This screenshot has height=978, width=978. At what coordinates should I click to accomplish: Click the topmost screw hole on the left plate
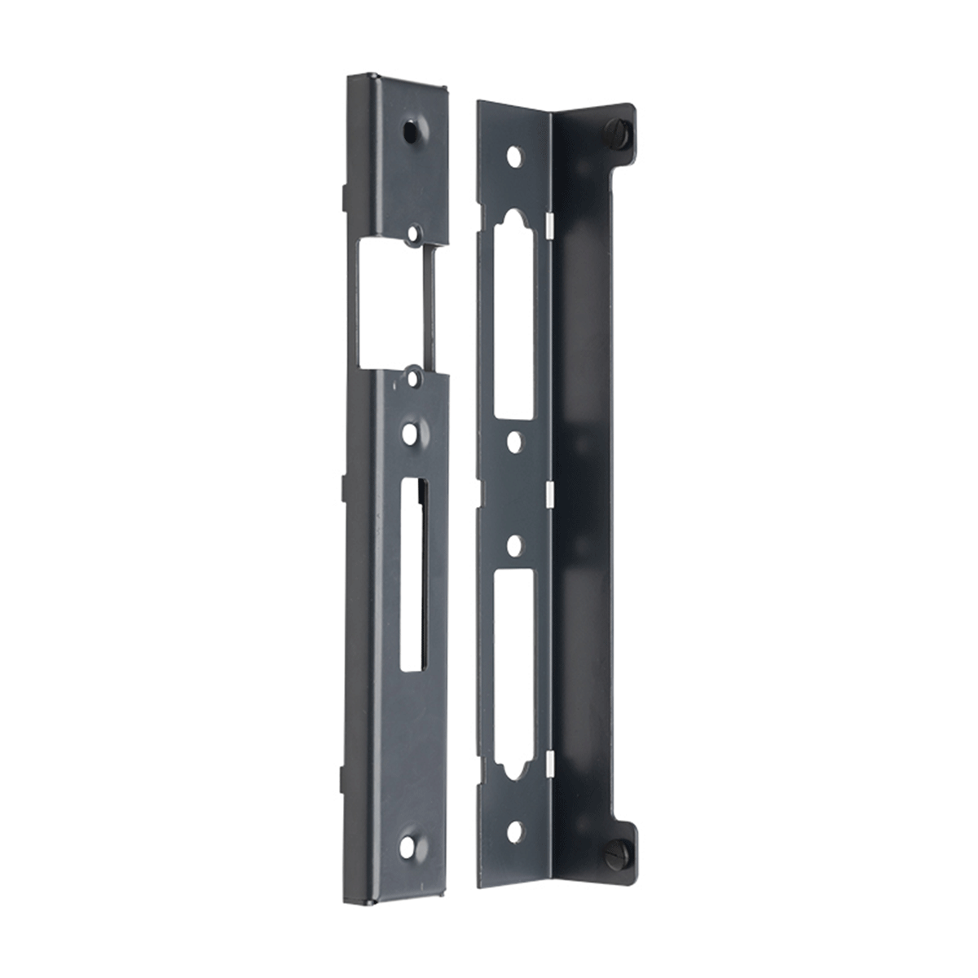pos(412,130)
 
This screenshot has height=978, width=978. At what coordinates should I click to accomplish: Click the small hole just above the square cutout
pos(413,234)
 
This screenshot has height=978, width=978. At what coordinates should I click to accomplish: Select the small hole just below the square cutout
pos(414,379)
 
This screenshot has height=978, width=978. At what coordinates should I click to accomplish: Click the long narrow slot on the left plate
pos(413,575)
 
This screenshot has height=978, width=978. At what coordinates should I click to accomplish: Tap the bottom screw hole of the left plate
pos(407,846)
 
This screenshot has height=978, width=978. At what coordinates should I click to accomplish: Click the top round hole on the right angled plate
pos(513,155)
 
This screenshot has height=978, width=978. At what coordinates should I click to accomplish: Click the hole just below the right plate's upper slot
pos(514,441)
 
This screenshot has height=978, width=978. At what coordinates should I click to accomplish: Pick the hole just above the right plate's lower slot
pos(514,544)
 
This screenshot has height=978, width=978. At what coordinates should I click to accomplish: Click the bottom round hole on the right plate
pos(514,831)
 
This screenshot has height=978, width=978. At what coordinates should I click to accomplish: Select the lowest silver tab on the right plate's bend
pos(549,762)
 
